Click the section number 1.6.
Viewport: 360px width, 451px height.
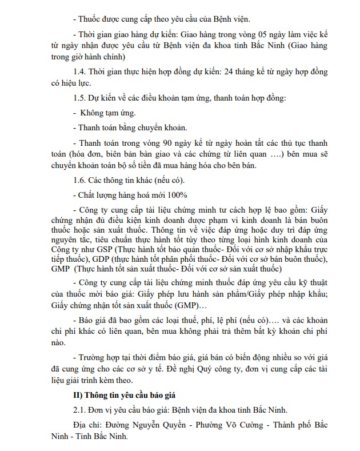pyautogui.click(x=82, y=179)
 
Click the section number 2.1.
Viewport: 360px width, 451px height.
pyautogui.click(x=82, y=410)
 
